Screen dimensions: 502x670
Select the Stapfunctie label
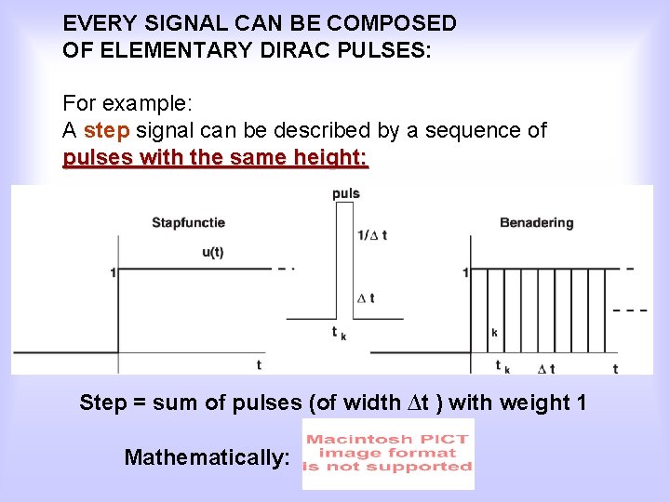188,222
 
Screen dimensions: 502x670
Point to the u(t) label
212,251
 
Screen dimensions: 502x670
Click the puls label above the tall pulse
345,193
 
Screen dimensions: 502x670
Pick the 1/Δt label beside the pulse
371,235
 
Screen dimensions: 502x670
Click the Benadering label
536,222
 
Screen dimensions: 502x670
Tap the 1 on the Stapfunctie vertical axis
113,272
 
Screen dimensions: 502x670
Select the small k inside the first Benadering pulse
493,332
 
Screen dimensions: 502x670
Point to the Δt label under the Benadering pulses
546,368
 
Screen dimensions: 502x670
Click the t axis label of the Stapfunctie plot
259,365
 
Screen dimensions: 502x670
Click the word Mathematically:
207,457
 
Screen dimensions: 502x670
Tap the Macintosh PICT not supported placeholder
388,454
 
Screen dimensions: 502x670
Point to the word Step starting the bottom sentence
102,403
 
